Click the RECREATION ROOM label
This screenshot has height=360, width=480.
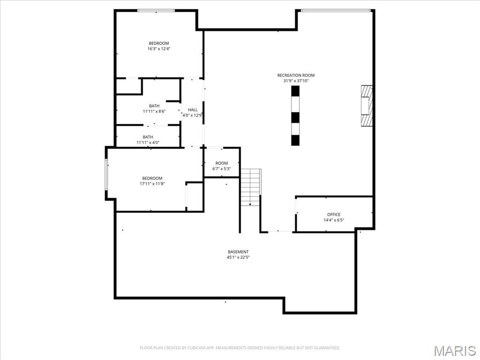point(296,75)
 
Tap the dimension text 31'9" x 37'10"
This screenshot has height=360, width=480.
point(296,81)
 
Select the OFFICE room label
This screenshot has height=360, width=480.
point(334,214)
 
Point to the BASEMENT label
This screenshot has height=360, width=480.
point(238,252)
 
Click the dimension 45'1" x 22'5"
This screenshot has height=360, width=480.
point(238,257)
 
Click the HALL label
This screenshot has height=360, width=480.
point(192,110)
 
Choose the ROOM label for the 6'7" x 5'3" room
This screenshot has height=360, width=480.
point(222,163)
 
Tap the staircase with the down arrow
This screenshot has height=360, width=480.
point(250,187)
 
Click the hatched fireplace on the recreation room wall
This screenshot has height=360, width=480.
point(367,106)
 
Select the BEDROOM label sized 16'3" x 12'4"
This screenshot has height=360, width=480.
point(159,43)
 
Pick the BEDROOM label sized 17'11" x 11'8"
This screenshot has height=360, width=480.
point(152,178)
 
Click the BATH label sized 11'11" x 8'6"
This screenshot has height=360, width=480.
point(154,106)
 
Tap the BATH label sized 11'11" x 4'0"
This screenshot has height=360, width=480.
point(148,137)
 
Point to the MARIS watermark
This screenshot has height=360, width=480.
point(454,350)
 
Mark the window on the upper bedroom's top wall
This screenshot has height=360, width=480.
point(156,10)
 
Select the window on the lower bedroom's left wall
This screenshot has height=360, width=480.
point(106,174)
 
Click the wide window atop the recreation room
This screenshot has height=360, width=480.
point(336,10)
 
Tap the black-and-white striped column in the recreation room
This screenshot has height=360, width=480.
point(295,115)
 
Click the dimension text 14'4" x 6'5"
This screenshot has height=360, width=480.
point(334,220)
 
